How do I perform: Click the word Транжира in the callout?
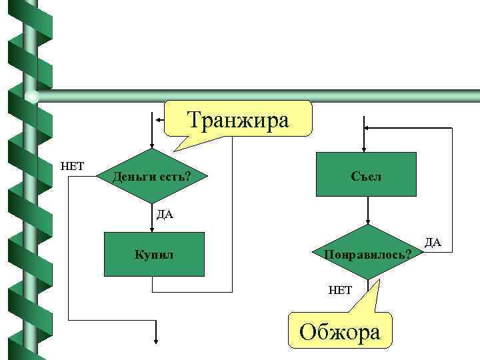point(238,121)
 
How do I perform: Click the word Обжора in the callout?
point(341,331)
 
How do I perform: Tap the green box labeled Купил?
point(154,254)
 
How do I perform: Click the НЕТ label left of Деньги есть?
point(72,165)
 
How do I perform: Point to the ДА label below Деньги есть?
point(165,214)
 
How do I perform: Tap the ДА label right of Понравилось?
point(433,241)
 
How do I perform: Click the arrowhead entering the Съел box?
point(365,148)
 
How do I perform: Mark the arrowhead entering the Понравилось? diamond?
point(367,225)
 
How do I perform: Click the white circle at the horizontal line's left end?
point(32,97)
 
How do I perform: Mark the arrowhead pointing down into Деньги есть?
point(152,148)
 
